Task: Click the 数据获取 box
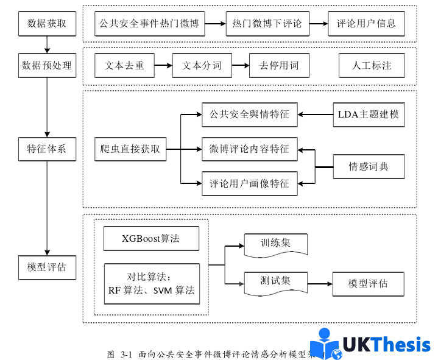[x=47, y=24]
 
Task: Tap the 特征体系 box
[x=47, y=149]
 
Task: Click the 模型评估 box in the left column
[x=47, y=267]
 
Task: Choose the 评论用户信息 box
[x=366, y=24]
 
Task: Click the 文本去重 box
[x=124, y=66]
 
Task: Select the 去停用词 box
[x=279, y=66]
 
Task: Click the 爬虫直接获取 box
[x=131, y=149]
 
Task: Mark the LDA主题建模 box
[x=369, y=115]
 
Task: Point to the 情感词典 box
[x=369, y=166]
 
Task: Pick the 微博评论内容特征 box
[x=249, y=149]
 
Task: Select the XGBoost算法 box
[x=150, y=238]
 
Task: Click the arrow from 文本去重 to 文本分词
[x=163, y=66]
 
